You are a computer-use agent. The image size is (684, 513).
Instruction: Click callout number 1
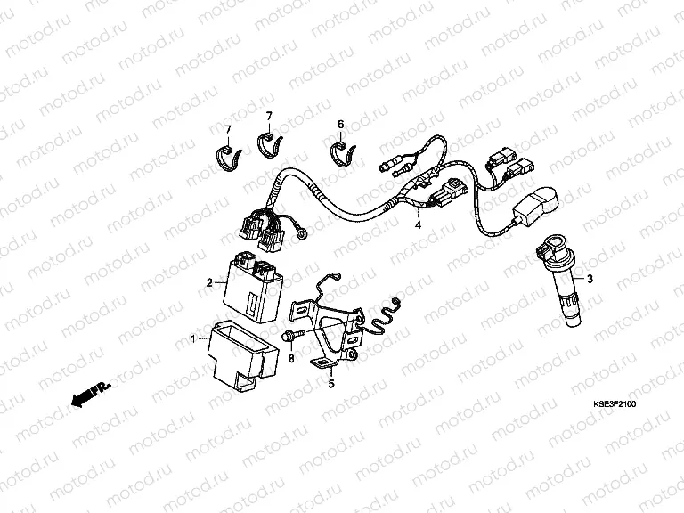click(x=195, y=339)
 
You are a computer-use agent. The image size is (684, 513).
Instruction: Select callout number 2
click(x=209, y=282)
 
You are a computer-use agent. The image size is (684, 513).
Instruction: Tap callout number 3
click(x=588, y=280)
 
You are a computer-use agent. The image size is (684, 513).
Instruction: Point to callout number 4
click(x=415, y=226)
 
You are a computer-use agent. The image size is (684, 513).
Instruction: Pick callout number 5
click(x=330, y=384)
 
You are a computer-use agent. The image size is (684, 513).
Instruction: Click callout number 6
click(x=339, y=124)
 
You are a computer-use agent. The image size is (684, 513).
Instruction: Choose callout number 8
click(x=291, y=358)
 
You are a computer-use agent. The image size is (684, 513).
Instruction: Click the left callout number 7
click(x=227, y=130)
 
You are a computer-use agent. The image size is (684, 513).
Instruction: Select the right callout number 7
click(x=267, y=116)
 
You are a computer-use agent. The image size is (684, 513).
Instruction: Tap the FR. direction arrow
click(x=85, y=394)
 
